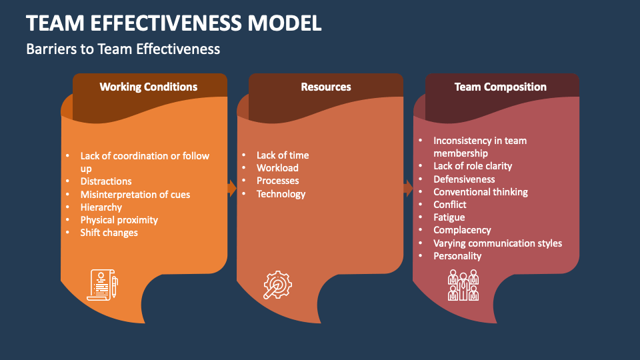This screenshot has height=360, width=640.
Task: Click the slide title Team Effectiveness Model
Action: (x=174, y=23)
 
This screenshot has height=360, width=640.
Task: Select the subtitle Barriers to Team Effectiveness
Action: (x=123, y=49)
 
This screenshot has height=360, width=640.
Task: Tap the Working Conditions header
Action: (x=148, y=87)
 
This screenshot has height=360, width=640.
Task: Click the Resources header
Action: (x=325, y=87)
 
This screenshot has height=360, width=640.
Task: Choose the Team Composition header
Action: (x=500, y=87)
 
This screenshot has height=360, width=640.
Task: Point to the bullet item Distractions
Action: (x=106, y=181)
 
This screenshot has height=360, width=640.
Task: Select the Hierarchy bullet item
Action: (x=101, y=207)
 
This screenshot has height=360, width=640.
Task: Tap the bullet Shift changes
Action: (x=109, y=233)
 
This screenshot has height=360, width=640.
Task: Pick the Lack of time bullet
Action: (x=283, y=155)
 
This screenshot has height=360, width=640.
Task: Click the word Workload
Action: (x=277, y=168)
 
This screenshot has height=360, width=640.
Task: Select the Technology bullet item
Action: (x=281, y=194)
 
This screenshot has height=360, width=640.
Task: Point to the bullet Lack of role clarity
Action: (x=473, y=166)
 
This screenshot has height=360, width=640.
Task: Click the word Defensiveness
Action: (x=464, y=179)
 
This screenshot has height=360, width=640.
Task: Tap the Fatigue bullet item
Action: (x=449, y=217)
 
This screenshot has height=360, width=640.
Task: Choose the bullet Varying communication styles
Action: (x=497, y=243)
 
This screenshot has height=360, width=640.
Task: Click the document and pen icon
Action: (x=102, y=285)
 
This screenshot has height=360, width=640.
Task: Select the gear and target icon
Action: (x=277, y=285)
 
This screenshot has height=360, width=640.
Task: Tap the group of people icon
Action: (x=463, y=285)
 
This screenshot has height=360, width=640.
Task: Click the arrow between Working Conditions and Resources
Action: (x=232, y=189)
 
